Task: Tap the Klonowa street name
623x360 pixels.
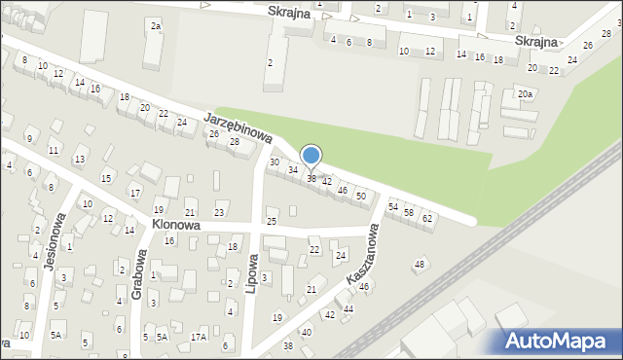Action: pos(176,225)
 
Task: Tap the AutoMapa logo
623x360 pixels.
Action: pos(559,340)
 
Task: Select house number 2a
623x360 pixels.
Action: pos(156,24)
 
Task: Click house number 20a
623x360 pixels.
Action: pos(525,94)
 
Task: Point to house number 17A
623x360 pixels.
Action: pos(199,337)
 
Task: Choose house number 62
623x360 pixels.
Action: pos(427,218)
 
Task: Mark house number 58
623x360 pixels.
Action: pos(409,212)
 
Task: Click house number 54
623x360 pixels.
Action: pos(393,206)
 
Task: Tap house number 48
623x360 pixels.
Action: pos(421,264)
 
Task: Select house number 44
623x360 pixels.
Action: pos(348,308)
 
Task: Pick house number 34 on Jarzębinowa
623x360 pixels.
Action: pos(292,170)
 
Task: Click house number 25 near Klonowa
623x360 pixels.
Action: pos(272,222)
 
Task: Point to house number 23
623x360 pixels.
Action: pos(219,212)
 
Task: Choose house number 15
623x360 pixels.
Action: pos(105,178)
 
